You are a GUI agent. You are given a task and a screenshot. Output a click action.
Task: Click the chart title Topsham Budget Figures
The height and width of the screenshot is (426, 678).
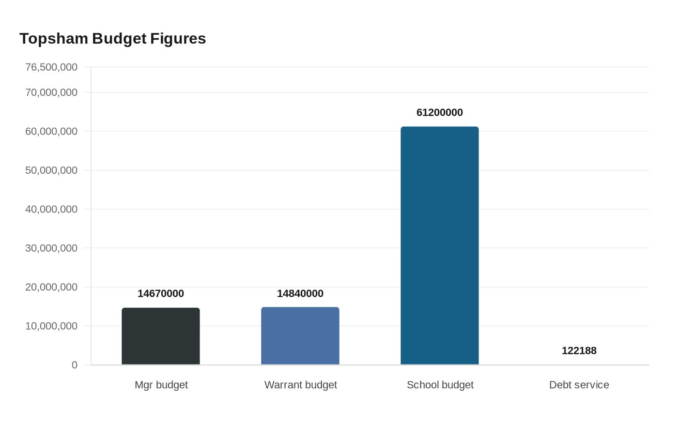point(112,39)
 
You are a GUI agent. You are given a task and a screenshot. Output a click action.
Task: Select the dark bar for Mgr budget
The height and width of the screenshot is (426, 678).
point(161,336)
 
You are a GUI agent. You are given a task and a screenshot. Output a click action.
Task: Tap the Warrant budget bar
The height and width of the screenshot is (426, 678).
point(300,336)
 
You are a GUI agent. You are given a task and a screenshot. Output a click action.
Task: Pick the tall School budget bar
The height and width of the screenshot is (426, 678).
point(440,246)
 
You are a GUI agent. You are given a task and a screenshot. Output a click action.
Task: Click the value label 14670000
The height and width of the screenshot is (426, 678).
point(161,293)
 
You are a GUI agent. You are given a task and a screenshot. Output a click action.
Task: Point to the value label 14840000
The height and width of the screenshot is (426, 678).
point(300,293)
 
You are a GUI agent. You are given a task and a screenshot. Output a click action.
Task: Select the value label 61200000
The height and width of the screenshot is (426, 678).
point(440,112)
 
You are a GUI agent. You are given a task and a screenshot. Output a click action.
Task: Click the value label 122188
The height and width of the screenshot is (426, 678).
point(579,350)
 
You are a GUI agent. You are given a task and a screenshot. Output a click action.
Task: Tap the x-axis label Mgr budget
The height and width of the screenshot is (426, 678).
point(161,385)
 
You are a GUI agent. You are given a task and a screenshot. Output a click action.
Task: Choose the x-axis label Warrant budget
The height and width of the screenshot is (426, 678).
point(301,385)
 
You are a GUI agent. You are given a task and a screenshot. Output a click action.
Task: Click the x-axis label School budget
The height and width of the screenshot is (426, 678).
point(440,385)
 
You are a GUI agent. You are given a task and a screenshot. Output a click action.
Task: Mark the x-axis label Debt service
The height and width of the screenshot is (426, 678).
point(579,385)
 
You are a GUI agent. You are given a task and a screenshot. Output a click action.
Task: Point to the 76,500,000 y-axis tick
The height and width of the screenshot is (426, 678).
point(51,67)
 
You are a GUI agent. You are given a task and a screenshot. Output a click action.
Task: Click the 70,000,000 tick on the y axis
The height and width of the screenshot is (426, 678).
point(51,92)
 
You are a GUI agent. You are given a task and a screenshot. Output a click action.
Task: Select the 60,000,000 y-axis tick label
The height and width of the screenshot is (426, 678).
point(51,132)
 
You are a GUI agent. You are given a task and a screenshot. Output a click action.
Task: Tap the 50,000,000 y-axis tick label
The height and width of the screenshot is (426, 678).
point(51,170)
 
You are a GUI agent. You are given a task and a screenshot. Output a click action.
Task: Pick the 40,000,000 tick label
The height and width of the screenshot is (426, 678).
point(51,209)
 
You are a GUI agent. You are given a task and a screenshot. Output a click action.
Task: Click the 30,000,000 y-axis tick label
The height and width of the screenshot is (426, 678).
point(51,248)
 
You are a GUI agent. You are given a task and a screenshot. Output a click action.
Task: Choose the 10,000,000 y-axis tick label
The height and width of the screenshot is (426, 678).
point(51,326)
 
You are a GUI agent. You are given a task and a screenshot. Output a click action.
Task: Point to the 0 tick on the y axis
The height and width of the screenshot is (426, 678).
point(75,365)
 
